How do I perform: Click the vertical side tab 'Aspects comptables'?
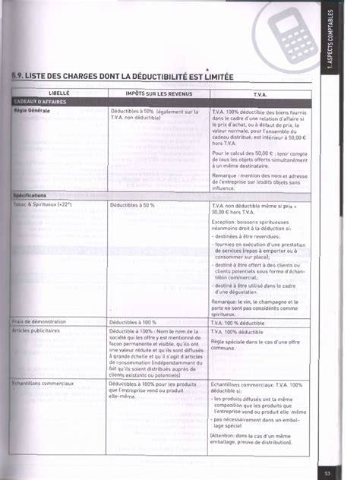click(331, 46)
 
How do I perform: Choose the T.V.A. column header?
click(260, 93)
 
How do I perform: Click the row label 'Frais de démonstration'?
click(43, 321)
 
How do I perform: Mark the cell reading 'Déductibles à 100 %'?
click(133, 321)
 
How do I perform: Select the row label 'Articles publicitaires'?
click(41, 331)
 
